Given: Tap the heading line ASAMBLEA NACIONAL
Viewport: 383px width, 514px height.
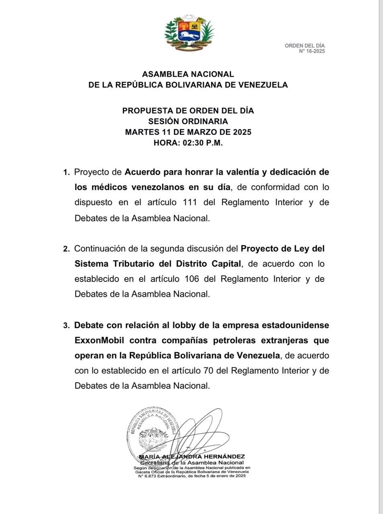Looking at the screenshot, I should pos(188,74).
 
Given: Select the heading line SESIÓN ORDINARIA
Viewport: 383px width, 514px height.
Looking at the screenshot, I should pos(188,121).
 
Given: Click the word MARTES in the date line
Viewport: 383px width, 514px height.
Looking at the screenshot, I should pos(141,132).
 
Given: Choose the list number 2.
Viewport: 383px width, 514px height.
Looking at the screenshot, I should pos(66,249).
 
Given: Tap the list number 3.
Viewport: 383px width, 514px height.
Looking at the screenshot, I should pos(66,326).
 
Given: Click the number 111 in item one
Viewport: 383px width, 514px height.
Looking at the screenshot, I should pos(190,202).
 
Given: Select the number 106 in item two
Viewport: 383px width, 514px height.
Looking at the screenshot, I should pos(192,279).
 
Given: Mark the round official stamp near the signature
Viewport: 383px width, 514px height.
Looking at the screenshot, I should pos(153,432).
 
